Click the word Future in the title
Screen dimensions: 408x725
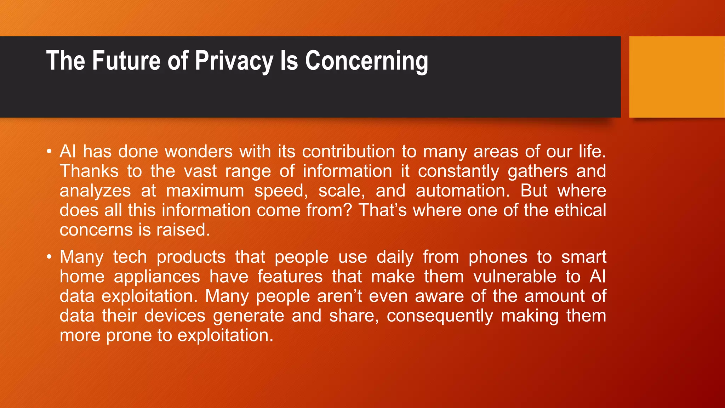(x=126, y=61)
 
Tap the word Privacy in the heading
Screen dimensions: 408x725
(x=234, y=61)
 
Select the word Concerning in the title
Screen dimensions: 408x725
(x=366, y=61)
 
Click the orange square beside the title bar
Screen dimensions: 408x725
(x=677, y=77)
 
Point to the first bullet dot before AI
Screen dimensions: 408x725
(x=49, y=152)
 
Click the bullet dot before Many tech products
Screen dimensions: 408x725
(x=49, y=257)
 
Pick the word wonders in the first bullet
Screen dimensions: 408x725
(x=199, y=152)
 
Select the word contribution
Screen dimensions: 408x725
(x=348, y=152)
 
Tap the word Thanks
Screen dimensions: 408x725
(x=89, y=171)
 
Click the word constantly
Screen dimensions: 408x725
(x=458, y=171)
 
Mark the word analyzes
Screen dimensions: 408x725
(x=95, y=191)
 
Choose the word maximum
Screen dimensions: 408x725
(x=205, y=191)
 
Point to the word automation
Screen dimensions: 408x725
(x=463, y=191)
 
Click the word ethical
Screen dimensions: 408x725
(x=580, y=210)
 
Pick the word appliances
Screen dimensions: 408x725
(x=157, y=277)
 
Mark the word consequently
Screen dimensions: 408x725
(x=440, y=316)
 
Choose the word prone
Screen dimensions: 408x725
(x=129, y=335)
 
